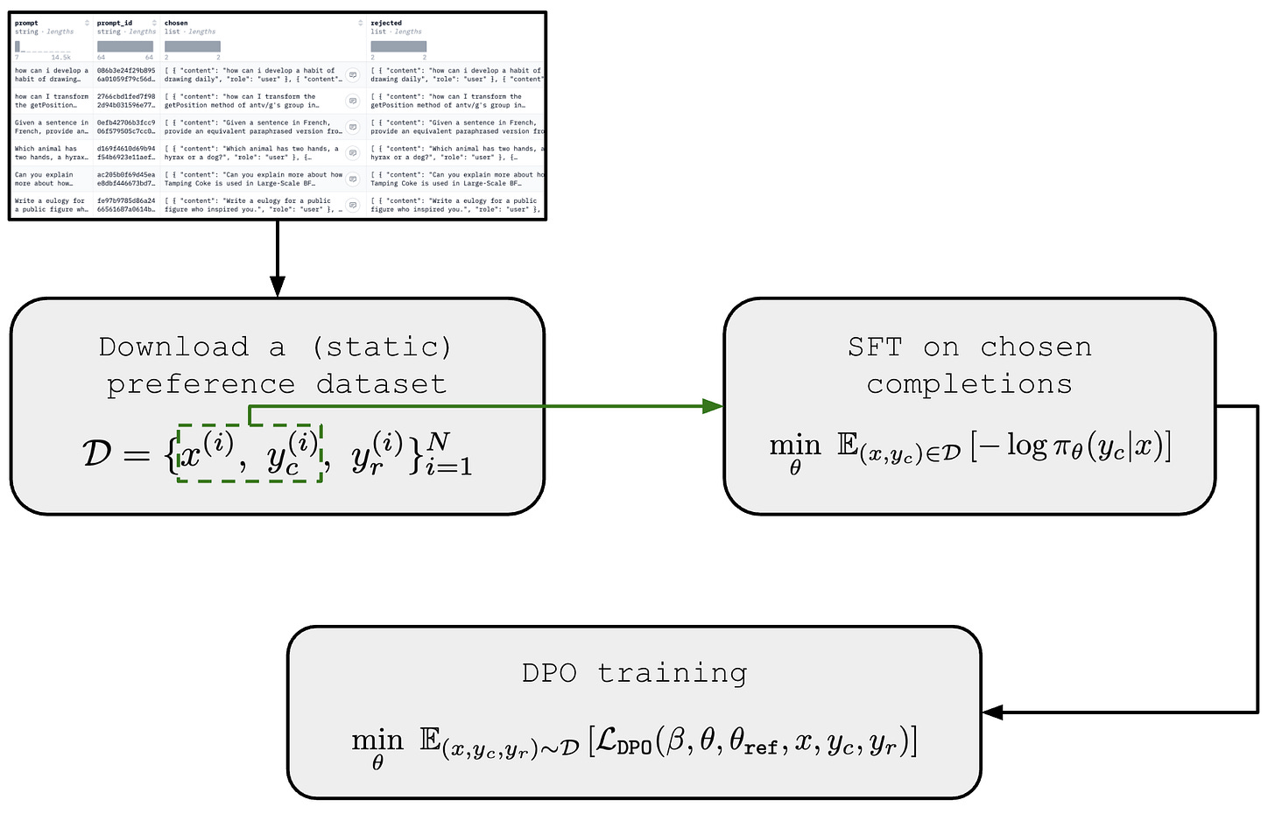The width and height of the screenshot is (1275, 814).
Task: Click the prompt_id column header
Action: click(x=115, y=23)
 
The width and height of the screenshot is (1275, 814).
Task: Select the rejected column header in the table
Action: click(x=386, y=23)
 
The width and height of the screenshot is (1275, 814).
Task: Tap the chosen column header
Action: click(x=176, y=23)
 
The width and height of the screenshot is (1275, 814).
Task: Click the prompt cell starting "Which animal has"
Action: click(x=51, y=153)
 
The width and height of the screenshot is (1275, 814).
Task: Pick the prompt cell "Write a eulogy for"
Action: click(x=51, y=205)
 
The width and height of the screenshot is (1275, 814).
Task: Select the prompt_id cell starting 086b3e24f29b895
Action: click(x=126, y=74)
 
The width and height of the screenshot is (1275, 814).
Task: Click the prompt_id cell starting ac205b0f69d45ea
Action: click(x=126, y=179)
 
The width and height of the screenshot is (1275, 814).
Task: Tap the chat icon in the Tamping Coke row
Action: click(x=353, y=179)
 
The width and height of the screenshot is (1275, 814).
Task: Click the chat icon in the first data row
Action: click(x=353, y=74)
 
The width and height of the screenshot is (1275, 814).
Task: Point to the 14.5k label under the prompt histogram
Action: click(x=61, y=57)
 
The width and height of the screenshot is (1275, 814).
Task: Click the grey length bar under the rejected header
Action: click(x=398, y=46)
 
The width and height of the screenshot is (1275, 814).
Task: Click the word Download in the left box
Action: click(x=174, y=347)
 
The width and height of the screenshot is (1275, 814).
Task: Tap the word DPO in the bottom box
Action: click(x=549, y=673)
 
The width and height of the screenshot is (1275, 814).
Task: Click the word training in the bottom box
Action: click(x=673, y=673)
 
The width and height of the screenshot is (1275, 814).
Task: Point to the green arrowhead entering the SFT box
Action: click(x=713, y=406)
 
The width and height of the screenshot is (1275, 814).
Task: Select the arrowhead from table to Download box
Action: click(x=278, y=287)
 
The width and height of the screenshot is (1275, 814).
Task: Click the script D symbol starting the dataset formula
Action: click(x=97, y=453)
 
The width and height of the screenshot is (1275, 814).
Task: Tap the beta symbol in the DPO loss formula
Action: click(x=675, y=742)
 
